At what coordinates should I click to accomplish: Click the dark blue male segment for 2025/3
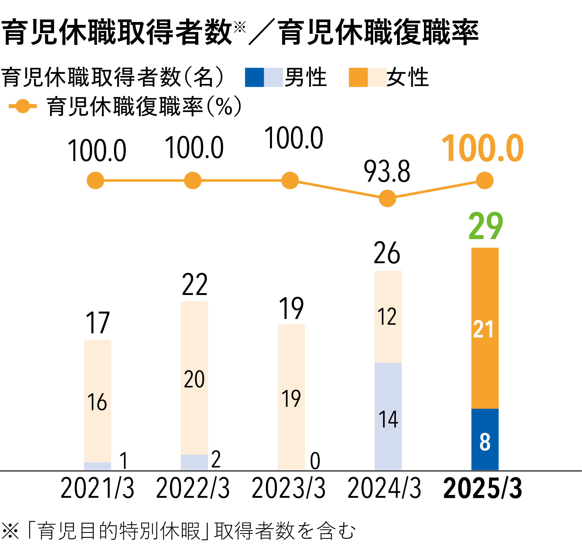tap(485, 439)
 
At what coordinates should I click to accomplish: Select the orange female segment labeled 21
tap(485, 328)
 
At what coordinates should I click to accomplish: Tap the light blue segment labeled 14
tap(388, 416)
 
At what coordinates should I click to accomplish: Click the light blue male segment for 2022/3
tap(194, 462)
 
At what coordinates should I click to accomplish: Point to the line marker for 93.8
tap(387, 199)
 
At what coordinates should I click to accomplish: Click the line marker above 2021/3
tap(95, 181)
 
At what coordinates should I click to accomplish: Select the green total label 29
tap(486, 226)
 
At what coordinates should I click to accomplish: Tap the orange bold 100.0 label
tap(483, 148)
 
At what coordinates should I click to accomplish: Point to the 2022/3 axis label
tap(193, 488)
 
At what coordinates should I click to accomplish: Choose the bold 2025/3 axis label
tap(483, 488)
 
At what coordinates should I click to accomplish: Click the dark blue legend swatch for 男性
tap(254, 77)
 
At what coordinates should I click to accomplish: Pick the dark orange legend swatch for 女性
tap(358, 77)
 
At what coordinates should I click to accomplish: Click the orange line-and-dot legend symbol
tap(23, 106)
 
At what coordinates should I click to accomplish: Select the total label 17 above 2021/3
tap(97, 323)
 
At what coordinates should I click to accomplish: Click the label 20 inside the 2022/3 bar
tap(194, 379)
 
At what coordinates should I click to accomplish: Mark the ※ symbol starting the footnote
tap(10, 531)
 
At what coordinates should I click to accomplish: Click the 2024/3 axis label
tap(384, 488)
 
